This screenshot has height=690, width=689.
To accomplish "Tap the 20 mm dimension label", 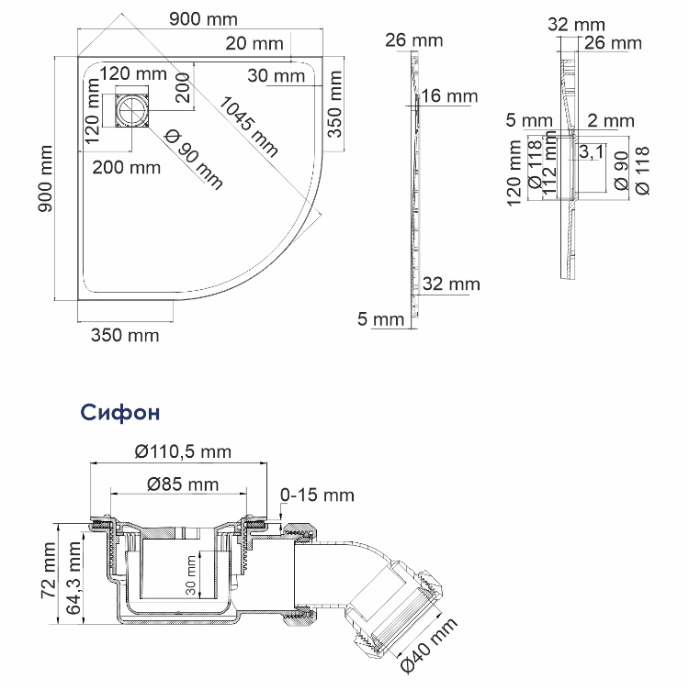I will (x=254, y=43).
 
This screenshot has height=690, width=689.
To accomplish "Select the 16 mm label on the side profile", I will (x=451, y=96).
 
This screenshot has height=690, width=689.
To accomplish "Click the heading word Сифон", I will (x=120, y=413).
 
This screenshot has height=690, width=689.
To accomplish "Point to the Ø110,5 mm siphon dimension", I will (x=182, y=451).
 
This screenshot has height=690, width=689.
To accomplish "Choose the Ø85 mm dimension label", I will (x=182, y=484).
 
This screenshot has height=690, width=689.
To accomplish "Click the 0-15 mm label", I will (x=317, y=495).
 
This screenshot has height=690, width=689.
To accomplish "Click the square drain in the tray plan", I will (x=132, y=113).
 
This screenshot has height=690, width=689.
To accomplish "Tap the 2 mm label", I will (x=610, y=120).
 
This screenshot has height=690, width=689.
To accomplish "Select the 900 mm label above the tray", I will (x=203, y=19).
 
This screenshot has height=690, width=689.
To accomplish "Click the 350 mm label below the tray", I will (x=124, y=335).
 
